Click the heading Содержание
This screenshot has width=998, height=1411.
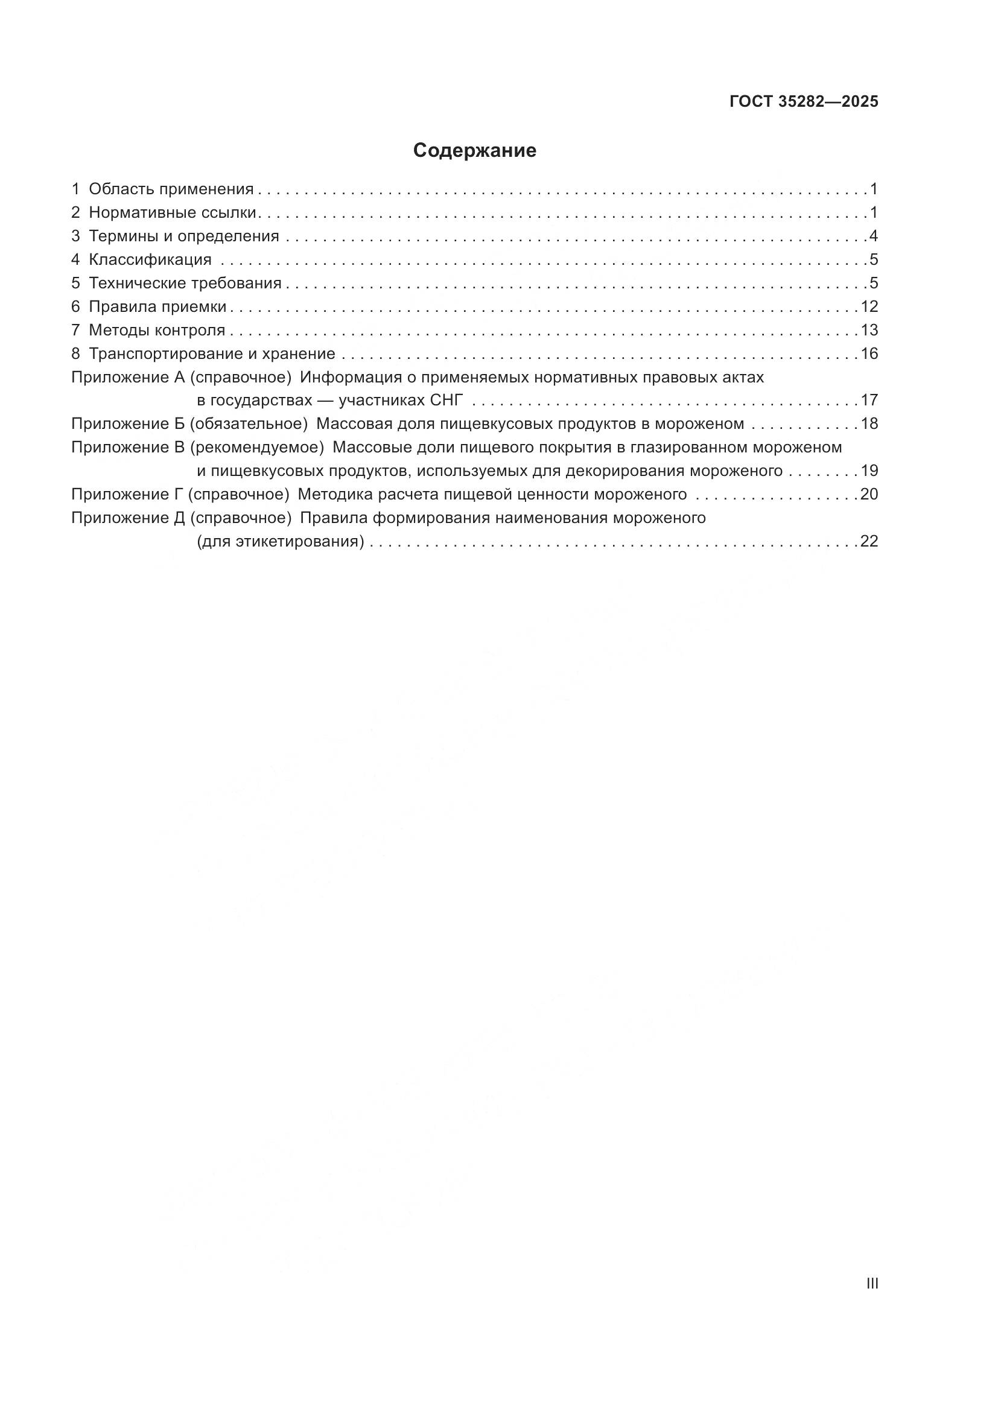point(474,151)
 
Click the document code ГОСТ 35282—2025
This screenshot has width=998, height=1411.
point(804,101)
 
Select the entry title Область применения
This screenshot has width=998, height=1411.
point(171,189)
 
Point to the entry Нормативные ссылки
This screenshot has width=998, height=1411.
point(172,212)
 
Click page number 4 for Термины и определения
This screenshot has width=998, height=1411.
point(873,236)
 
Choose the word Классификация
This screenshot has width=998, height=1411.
point(150,259)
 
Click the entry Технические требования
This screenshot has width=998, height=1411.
point(185,284)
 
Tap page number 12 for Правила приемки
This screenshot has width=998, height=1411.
point(869,306)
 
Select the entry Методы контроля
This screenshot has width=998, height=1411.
point(157,330)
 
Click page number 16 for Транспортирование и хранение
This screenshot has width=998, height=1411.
point(869,354)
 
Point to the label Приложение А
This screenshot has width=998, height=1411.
point(128,377)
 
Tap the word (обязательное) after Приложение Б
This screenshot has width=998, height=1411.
point(248,424)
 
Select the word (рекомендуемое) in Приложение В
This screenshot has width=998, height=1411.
point(257,448)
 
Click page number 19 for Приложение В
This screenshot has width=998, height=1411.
point(869,471)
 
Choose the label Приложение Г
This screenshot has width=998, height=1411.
point(127,495)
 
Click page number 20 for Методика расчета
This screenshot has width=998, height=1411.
point(869,495)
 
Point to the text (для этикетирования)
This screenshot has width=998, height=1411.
point(280,542)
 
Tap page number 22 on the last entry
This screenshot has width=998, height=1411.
point(869,542)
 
